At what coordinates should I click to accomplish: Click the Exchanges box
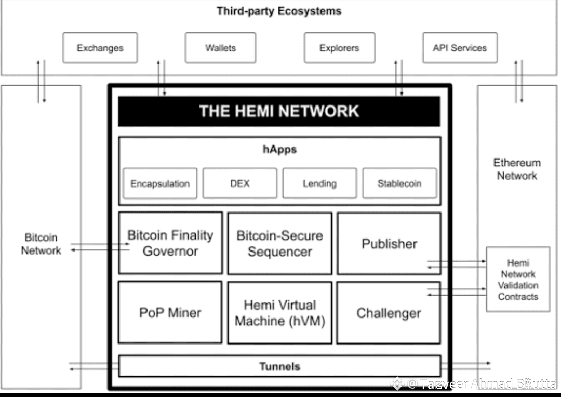[100, 48]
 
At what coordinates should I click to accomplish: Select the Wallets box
[220, 48]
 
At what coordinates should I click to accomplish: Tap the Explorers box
[339, 48]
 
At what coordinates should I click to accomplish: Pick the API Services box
[460, 48]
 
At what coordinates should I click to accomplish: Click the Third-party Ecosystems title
[279, 11]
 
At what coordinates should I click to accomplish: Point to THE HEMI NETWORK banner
[279, 111]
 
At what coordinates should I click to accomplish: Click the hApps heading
[279, 150]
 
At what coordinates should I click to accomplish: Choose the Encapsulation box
[160, 183]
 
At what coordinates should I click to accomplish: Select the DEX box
[239, 183]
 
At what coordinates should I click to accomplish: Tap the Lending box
[319, 183]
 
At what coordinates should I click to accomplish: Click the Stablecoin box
[399, 183]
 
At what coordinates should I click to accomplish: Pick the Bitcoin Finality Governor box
[170, 243]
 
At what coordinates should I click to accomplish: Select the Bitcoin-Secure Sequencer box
[279, 243]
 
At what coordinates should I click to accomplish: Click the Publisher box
[389, 243]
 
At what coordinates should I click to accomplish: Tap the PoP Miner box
[170, 312]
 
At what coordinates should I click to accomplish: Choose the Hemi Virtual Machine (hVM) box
[279, 312]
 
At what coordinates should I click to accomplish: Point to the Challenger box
[389, 312]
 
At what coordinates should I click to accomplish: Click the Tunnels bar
[279, 366]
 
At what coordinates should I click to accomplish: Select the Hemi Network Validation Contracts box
[518, 280]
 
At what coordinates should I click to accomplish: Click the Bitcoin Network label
[41, 244]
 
